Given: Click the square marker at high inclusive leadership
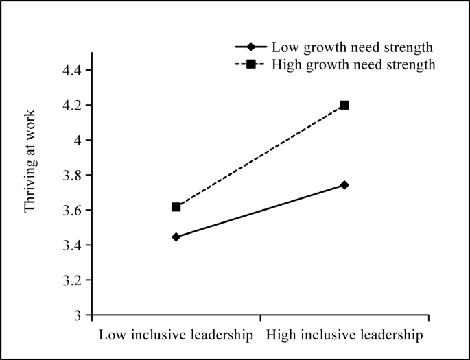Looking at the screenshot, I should pyautogui.click(x=344, y=105).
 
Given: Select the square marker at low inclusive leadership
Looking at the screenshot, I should pyautogui.click(x=176, y=206).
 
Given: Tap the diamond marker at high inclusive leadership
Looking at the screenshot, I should pyautogui.click(x=344, y=185).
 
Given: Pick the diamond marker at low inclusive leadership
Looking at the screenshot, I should pyautogui.click(x=176, y=237).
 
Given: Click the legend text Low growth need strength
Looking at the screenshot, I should pyautogui.click(x=352, y=47).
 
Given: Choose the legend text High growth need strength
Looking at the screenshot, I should pyautogui.click(x=353, y=64).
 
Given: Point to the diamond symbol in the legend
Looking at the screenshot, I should pyautogui.click(x=251, y=47).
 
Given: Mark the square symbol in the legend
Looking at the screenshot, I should pyautogui.click(x=251, y=64).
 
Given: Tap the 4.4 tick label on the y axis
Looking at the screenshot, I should pyautogui.click(x=72, y=71).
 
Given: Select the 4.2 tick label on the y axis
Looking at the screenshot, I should pyautogui.click(x=72, y=106).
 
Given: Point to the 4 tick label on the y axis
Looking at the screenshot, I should pyautogui.click(x=77, y=141).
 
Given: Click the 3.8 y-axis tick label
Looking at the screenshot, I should pyautogui.click(x=72, y=176).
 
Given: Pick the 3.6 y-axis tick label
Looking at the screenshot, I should pyautogui.click(x=72, y=211).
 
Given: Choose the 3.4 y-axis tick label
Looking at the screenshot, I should pyautogui.click(x=72, y=245).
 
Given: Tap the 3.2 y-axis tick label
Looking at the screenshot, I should pyautogui.click(x=72, y=280).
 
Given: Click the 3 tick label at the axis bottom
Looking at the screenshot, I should pyautogui.click(x=77, y=315).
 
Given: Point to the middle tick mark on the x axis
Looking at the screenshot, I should pyautogui.click(x=260, y=318).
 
